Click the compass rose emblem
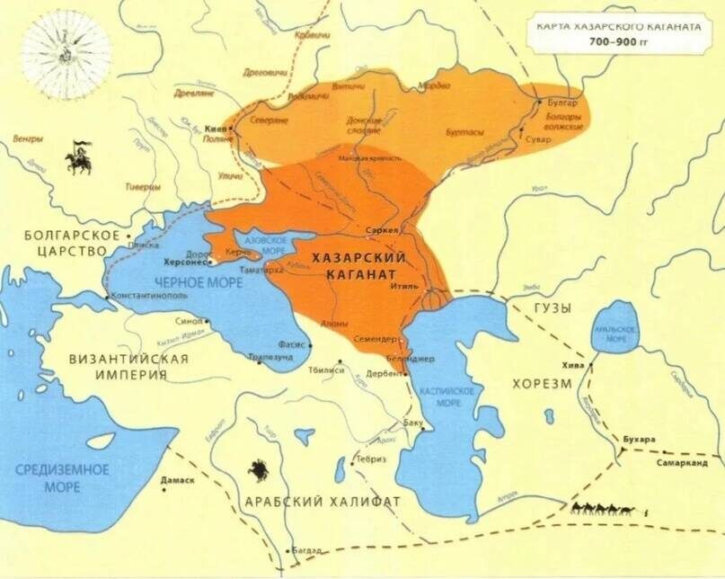coord(66,54)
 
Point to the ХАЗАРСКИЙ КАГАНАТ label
coord(359,264)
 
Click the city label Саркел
coord(383,230)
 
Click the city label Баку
coord(414,422)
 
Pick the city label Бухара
coord(639,439)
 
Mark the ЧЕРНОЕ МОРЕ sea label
coord(180,281)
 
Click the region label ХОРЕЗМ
coord(542,384)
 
